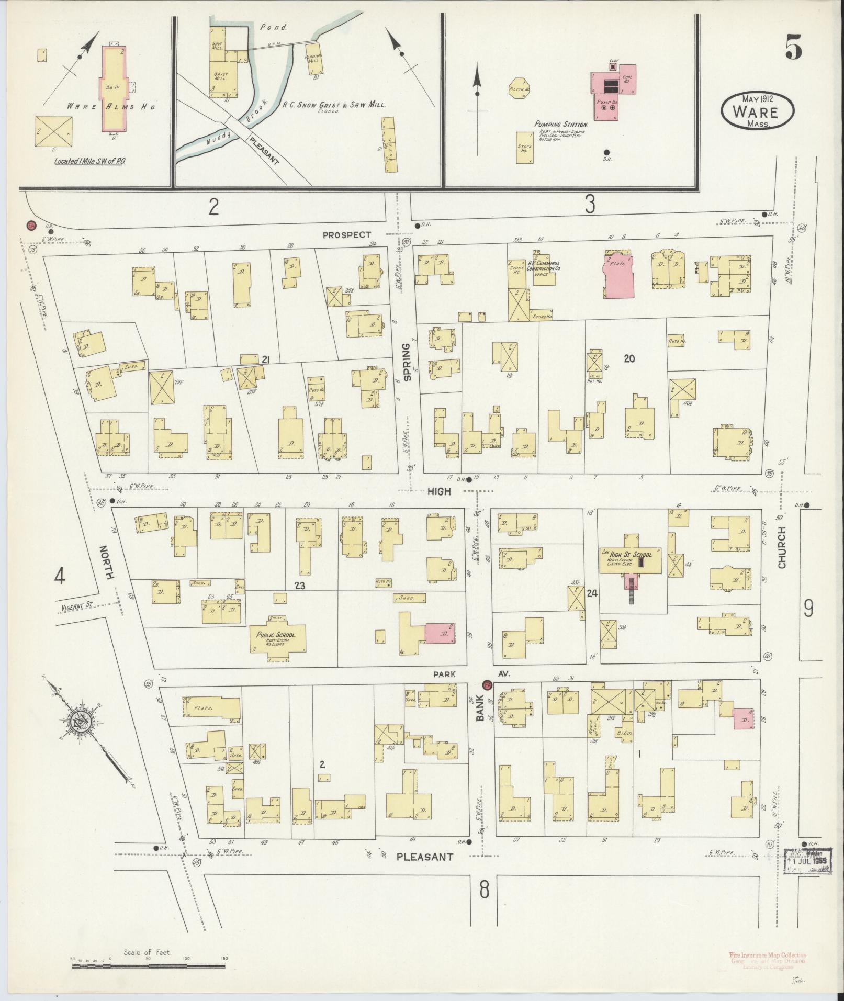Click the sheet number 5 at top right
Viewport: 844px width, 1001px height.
click(x=793, y=50)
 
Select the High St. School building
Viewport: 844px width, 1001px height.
click(x=629, y=559)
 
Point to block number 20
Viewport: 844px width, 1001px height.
click(x=629, y=358)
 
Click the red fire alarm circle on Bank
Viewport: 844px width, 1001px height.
click(x=486, y=685)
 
